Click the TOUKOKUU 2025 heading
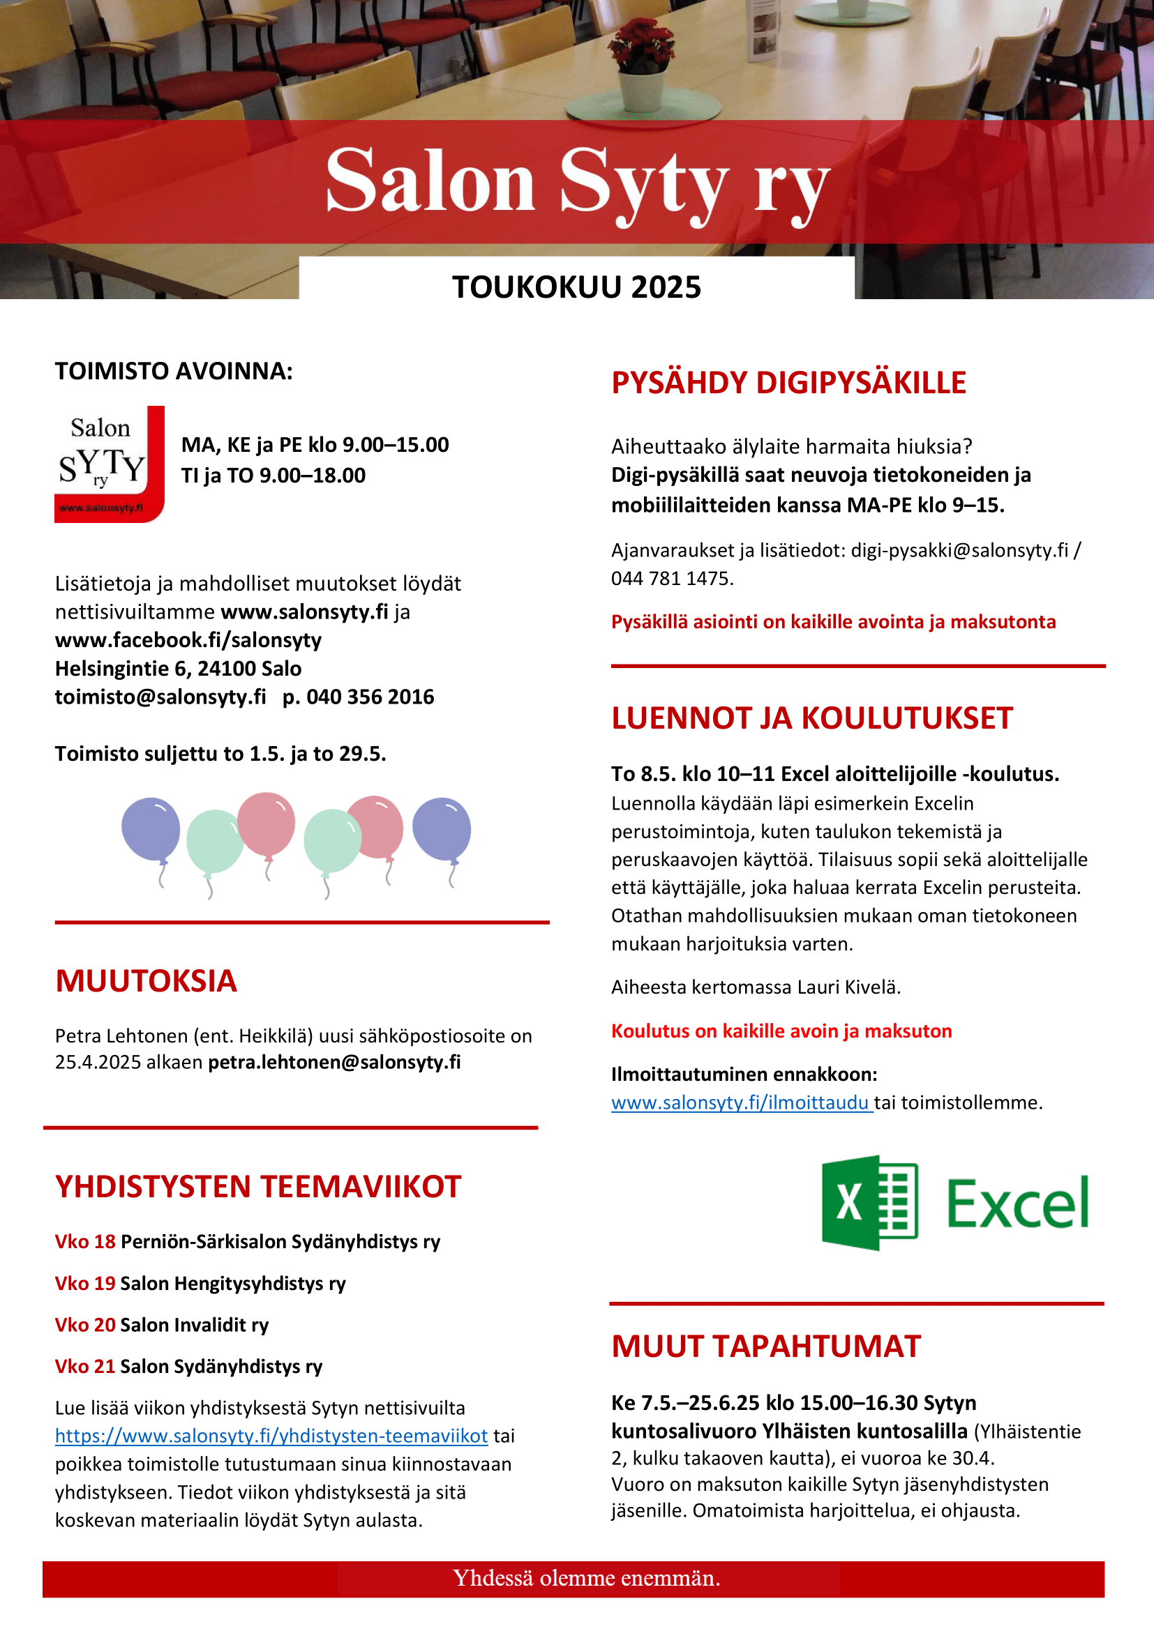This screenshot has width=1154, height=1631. pos(576,287)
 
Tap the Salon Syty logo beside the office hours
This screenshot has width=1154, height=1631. pos(110,464)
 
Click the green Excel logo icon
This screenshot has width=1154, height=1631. pos(870,1202)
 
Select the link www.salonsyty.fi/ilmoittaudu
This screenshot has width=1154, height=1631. pos(740,1102)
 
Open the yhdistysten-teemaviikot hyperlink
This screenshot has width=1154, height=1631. pos(271,1436)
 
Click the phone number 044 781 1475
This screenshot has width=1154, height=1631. pos(670,579)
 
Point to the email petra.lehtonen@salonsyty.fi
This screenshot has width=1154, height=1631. pos(334,1062)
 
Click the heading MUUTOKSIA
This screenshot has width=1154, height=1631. pos(146,981)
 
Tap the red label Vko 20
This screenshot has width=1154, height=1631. pos(84,1325)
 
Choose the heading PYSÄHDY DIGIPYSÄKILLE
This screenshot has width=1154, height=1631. pos(789,383)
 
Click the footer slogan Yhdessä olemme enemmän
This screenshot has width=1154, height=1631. pos(586,1578)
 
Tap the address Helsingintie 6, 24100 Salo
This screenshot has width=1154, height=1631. pos(179,669)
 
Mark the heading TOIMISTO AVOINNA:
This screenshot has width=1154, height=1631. pos(174,372)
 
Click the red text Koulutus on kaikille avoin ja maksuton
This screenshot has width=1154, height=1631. pos(781,1031)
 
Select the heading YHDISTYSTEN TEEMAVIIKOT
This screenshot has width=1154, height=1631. pos(258,1187)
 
